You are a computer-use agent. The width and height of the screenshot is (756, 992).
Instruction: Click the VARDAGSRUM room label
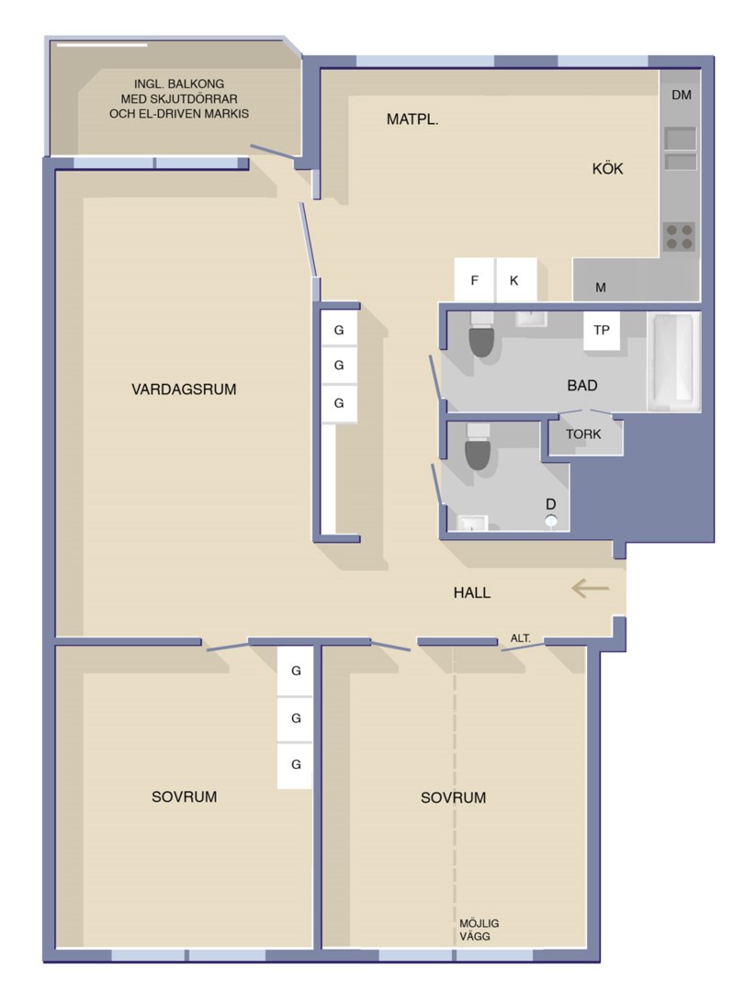coord(184,389)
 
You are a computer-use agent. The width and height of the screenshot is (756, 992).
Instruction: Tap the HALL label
coord(472,592)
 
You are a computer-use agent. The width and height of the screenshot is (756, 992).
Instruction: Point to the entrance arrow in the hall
coord(590,589)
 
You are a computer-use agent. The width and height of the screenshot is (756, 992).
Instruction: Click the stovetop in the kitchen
coord(679,237)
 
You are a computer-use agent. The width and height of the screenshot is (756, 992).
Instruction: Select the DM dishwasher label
coord(682,95)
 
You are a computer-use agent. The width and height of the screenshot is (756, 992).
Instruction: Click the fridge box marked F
coord(475,279)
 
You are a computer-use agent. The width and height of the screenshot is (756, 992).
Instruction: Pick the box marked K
coord(515,279)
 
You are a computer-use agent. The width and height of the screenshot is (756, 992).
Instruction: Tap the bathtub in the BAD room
coord(673,361)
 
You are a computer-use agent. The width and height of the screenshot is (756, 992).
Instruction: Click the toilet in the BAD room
coord(481,334)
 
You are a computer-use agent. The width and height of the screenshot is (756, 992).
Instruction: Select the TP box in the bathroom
coord(602,331)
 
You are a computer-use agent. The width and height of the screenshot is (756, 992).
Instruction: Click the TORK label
coord(583,434)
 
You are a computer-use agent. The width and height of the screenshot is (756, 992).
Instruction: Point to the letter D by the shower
coord(550,504)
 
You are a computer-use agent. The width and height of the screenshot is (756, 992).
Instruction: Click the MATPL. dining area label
coord(412,118)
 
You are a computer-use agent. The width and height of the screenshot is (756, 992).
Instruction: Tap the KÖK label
coord(607,168)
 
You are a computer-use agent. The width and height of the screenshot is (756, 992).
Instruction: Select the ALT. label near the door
coord(521,638)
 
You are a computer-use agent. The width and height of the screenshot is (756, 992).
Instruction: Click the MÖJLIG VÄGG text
coord(479,930)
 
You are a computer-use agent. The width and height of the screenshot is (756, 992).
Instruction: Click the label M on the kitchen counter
coord(601,287)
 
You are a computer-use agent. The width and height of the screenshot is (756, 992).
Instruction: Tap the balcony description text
coord(179,98)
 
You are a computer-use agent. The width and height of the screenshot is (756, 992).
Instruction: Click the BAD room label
coord(582,385)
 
